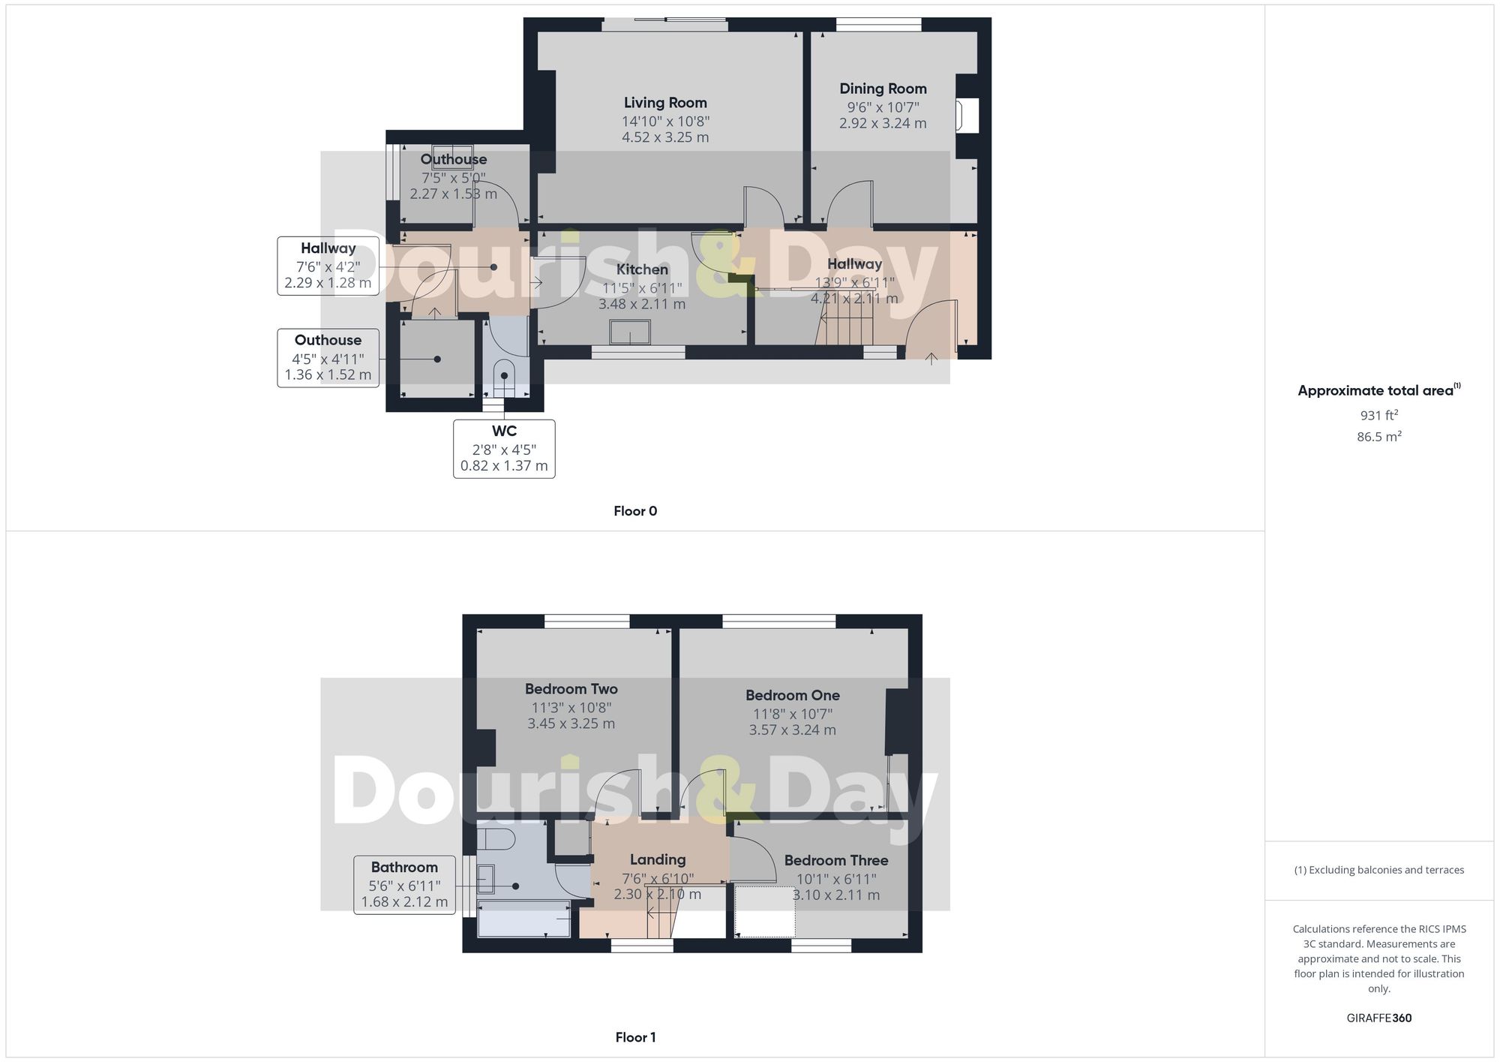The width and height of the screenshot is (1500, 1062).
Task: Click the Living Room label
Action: pyautogui.click(x=665, y=103)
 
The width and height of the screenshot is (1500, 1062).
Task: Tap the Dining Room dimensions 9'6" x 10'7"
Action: pyautogui.click(x=883, y=107)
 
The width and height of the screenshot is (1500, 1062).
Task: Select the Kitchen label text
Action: pyautogui.click(x=642, y=269)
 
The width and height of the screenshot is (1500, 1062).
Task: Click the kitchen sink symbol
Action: pyautogui.click(x=630, y=332)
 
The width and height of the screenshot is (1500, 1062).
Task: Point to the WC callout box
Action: pyautogui.click(x=504, y=448)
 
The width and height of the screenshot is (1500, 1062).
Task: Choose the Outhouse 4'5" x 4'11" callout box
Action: pyautogui.click(x=328, y=357)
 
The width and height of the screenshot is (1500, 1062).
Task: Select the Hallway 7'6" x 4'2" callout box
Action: pyautogui.click(x=328, y=266)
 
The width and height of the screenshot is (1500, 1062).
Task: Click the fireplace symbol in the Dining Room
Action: pyautogui.click(x=966, y=116)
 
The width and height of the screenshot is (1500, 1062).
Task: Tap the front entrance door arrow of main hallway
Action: pyautogui.click(x=931, y=359)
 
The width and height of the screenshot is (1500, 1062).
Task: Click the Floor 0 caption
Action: pyautogui.click(x=635, y=511)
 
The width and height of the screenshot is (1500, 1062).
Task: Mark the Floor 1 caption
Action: pyautogui.click(x=635, y=1037)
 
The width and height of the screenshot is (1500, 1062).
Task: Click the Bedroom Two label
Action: pyautogui.click(x=571, y=689)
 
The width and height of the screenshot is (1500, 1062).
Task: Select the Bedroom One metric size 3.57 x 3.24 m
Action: pyautogui.click(x=792, y=730)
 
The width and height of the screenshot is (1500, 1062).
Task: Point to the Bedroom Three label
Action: pyautogui.click(x=836, y=860)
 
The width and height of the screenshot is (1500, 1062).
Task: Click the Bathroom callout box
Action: pyautogui.click(x=404, y=884)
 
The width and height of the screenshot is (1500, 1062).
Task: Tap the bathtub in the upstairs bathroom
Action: pyautogui.click(x=524, y=919)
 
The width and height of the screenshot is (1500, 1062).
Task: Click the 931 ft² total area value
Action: pyautogui.click(x=1378, y=415)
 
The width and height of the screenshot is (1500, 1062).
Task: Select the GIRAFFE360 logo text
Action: pyautogui.click(x=1378, y=1018)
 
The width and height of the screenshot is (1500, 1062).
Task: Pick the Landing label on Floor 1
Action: pyautogui.click(x=658, y=859)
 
